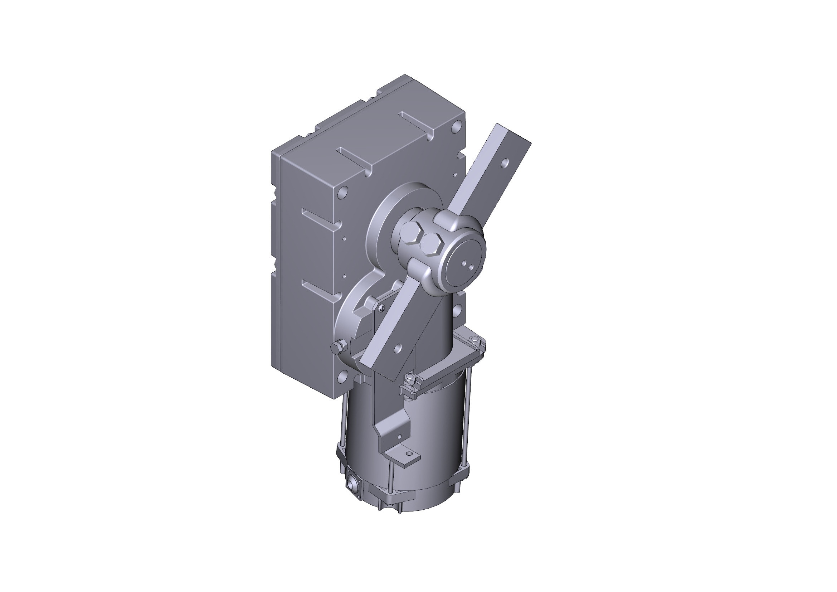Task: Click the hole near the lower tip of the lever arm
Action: pos(397,348)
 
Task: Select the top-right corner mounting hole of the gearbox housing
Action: pos(455,128)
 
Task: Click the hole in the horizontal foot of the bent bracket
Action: pos(411,454)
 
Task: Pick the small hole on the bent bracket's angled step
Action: pos(400,436)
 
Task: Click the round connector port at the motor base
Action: pos(351,487)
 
